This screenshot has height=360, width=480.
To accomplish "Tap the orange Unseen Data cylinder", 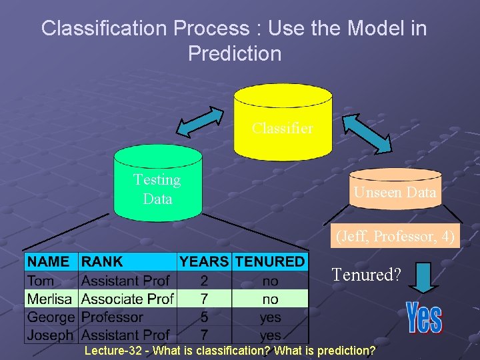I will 395,189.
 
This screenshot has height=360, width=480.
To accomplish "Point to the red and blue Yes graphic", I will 424,317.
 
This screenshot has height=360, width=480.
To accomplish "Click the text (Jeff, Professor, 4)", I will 395,236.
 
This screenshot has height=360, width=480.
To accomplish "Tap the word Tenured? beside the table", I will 365,274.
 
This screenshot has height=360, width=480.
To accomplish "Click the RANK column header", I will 102,262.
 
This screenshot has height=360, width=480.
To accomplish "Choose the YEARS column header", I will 204,262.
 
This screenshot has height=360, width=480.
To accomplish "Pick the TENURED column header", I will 270,262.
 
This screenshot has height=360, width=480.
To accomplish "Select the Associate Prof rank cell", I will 127,299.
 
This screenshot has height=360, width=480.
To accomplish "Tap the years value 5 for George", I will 204,317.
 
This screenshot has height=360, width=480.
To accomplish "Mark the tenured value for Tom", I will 270,281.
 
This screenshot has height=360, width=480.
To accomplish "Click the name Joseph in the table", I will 51,335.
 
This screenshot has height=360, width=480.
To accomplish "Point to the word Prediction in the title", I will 235,53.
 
